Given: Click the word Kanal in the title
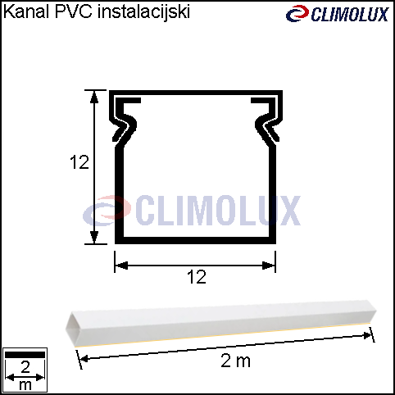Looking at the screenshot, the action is tap(26, 12).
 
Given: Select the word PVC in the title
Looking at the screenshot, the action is tap(74, 12).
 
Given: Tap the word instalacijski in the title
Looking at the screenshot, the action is tap(143, 12).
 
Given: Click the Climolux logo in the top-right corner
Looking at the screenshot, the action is tap(337, 14).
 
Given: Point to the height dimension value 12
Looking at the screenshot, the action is tap(79, 162).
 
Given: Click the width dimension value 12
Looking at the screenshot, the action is tap(197, 277).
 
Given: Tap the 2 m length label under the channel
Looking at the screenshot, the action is tap(235, 361).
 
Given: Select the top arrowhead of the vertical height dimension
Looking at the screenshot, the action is tap(94, 97).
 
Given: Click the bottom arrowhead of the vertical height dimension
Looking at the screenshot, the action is tap(94, 237).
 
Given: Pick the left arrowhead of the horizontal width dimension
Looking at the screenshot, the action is tap(121, 266).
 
